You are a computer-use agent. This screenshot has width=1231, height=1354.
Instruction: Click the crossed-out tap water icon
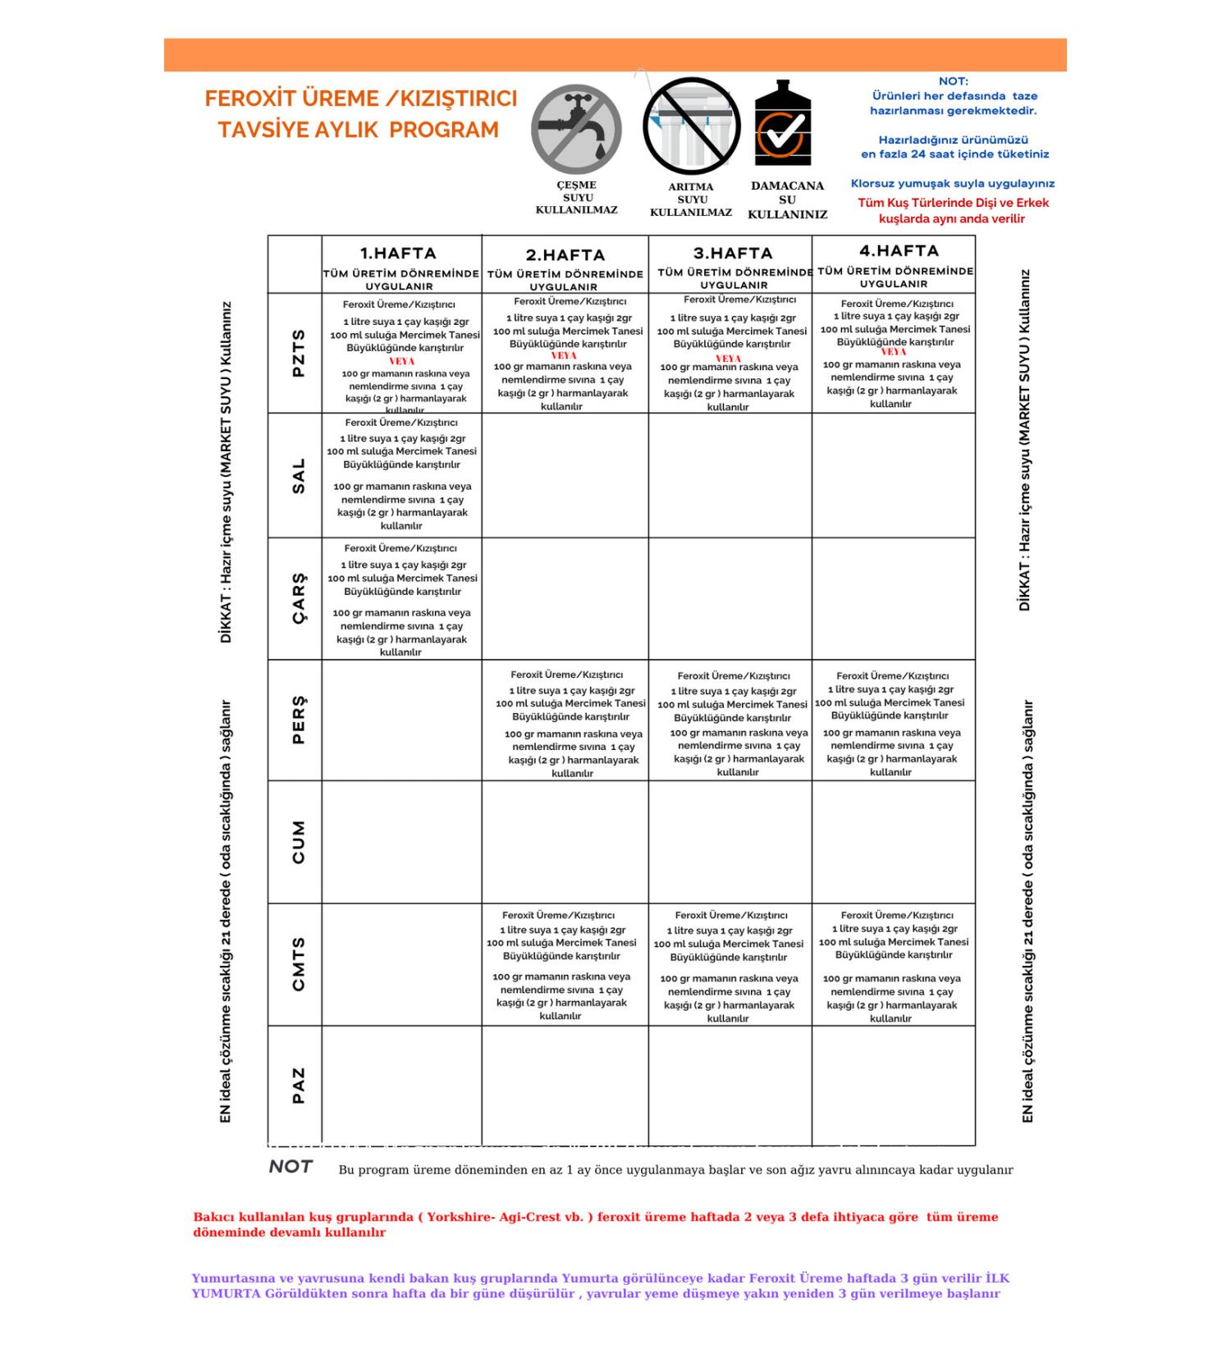click(576, 128)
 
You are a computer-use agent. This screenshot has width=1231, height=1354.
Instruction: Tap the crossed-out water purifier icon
click(691, 126)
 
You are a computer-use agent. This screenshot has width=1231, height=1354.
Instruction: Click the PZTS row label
click(298, 353)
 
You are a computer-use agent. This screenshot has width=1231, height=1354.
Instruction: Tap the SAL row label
click(298, 476)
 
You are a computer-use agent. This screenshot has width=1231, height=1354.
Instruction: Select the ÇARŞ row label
click(298, 598)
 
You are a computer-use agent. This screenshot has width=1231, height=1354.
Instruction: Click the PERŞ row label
click(298, 720)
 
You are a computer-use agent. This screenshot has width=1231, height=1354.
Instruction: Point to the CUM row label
click(298, 842)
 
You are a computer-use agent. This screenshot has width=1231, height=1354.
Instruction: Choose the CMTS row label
click(298, 964)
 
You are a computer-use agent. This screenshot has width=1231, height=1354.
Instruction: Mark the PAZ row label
click(298, 1085)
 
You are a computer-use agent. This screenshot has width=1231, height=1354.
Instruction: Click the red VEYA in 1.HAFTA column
click(402, 361)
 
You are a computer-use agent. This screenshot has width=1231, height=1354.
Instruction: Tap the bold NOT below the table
click(291, 1167)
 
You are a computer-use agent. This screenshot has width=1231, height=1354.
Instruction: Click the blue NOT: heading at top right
click(953, 81)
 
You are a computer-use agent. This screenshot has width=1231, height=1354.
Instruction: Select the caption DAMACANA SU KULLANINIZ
click(787, 199)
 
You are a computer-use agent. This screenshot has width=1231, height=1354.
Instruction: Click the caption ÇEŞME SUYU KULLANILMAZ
click(576, 197)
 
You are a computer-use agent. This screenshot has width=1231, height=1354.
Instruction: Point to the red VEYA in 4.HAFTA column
click(893, 352)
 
